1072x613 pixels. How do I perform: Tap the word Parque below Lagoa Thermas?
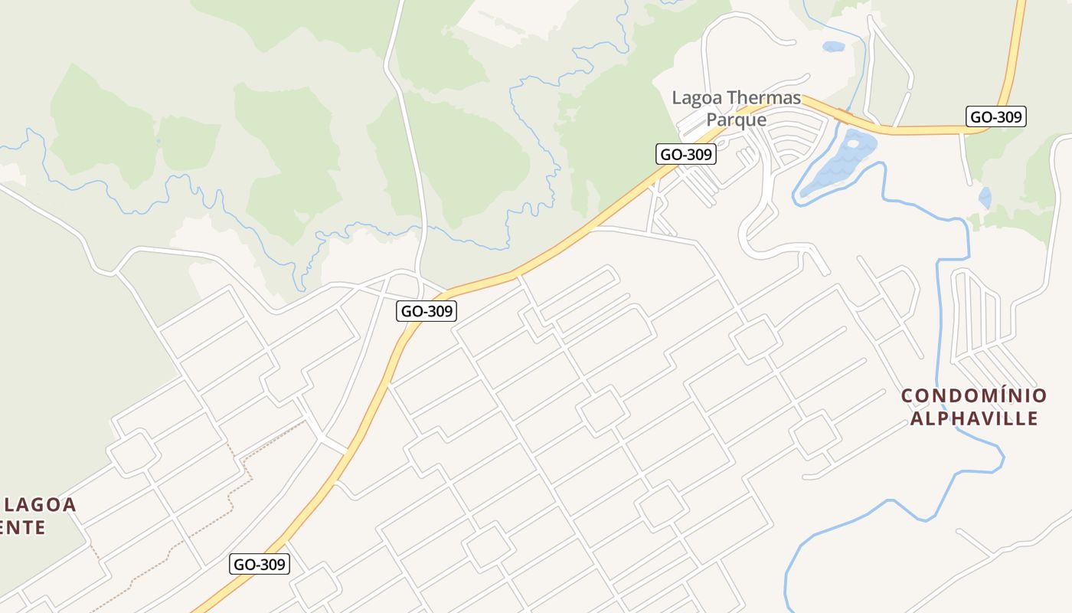(x=736, y=120)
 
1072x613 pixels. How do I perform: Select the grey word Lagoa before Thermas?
(x=696, y=98)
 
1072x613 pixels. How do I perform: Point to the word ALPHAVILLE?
(x=974, y=418)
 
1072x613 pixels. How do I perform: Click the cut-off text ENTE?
(x=23, y=527)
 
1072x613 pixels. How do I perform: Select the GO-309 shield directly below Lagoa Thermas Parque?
(x=686, y=154)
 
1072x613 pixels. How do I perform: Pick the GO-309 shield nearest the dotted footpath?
(x=260, y=565)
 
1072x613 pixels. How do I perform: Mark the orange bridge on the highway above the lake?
(x=845, y=116)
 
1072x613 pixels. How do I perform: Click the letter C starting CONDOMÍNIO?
(x=907, y=396)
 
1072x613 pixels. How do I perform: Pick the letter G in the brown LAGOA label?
(x=44, y=505)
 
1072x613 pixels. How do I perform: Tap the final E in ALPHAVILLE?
(x=1032, y=418)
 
